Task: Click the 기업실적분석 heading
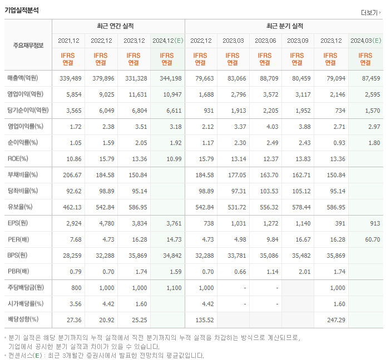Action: tap(22, 10)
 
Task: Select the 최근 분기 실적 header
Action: tap(284, 26)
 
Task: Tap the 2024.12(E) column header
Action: tap(167, 41)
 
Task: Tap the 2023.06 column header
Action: tap(265, 41)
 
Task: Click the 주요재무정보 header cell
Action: tap(28, 46)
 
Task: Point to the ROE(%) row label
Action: tap(18, 159)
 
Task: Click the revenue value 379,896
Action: tap(102, 78)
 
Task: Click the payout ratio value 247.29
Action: tap(333, 320)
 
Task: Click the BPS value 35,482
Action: tap(299, 256)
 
